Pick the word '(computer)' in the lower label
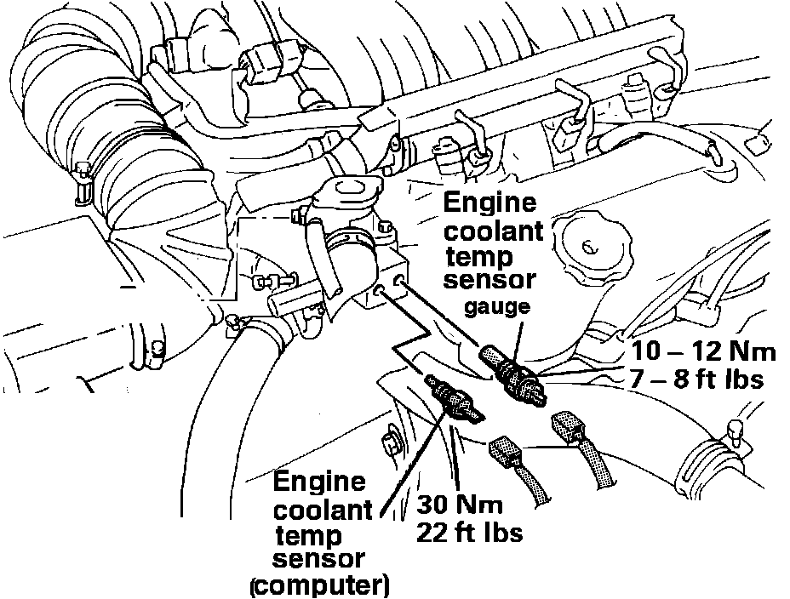click(319, 585)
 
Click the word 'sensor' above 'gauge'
click(494, 280)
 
